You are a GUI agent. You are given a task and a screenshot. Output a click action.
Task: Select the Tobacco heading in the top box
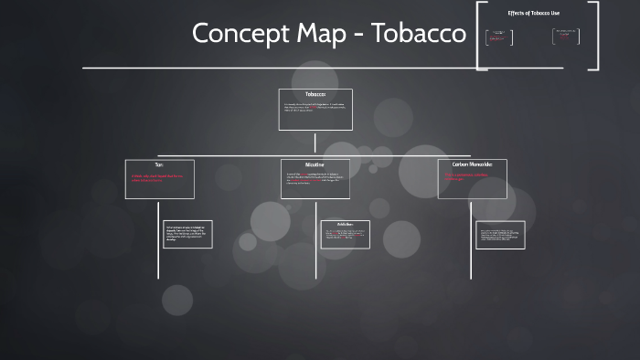[x=315, y=94]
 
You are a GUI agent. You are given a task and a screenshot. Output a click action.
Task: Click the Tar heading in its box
[x=158, y=164]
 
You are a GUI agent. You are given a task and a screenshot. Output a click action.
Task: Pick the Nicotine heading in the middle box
[x=315, y=164]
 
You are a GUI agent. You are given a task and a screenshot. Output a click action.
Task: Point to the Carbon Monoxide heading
[x=472, y=164]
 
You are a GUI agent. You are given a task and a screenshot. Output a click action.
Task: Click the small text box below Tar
[x=187, y=234]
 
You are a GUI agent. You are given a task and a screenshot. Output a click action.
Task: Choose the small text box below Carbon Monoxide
[x=500, y=234]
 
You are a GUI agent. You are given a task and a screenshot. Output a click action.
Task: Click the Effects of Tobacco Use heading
[x=537, y=13]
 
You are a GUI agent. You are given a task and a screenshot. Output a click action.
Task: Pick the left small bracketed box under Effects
[x=498, y=37]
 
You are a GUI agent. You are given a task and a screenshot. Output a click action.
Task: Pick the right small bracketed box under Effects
[x=565, y=37]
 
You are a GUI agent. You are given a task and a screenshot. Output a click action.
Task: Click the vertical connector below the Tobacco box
[x=315, y=142]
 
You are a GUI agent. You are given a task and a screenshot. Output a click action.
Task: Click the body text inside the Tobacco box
[x=314, y=110]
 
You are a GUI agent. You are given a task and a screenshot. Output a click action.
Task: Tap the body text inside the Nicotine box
[x=314, y=180]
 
